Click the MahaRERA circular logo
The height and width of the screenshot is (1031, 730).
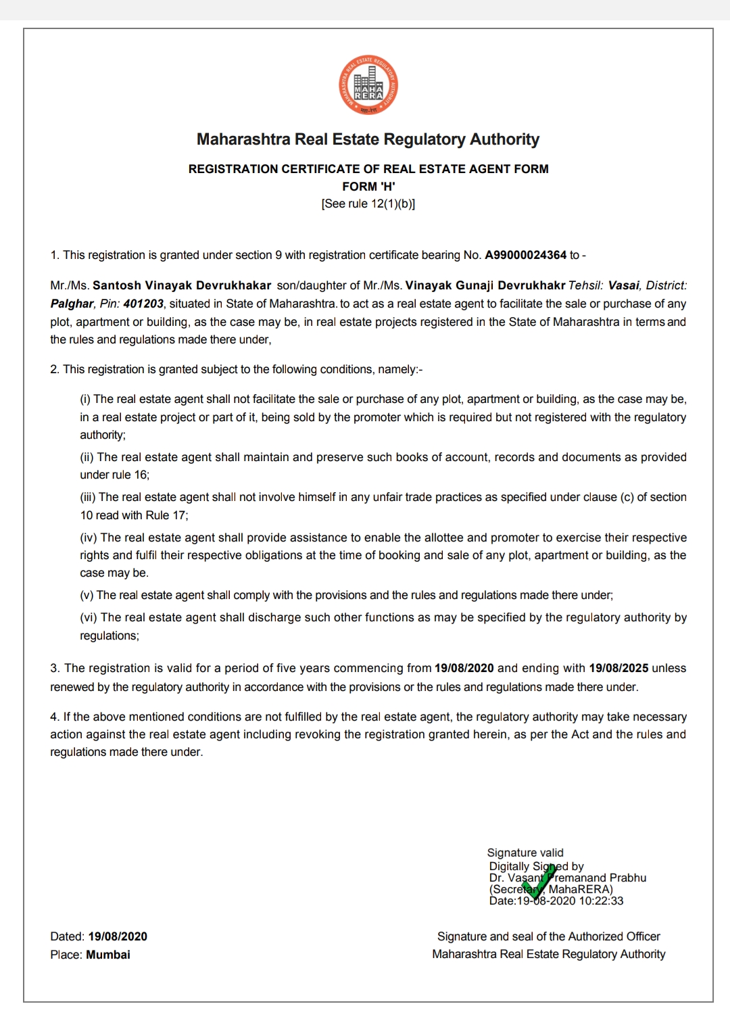[368, 85]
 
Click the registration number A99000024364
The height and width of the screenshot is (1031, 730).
[525, 255]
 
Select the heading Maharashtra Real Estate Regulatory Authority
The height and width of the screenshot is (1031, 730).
[368, 139]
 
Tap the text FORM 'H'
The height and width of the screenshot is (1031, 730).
[368, 186]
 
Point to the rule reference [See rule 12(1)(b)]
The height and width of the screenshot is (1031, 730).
[368, 203]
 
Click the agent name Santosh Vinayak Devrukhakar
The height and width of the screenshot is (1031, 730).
[182, 285]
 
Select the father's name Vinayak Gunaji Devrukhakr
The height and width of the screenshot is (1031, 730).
[485, 285]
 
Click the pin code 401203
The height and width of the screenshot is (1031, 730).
[143, 304]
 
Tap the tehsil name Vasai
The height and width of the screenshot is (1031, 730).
[623, 285]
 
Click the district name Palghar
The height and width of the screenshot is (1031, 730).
[72, 304]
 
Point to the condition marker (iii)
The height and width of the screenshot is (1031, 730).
[88, 497]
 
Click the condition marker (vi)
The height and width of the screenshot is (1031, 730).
[89, 617]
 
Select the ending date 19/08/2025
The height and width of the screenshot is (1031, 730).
[618, 668]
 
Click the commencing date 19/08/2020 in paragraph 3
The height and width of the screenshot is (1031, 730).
[464, 668]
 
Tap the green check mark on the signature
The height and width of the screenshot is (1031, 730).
[540, 882]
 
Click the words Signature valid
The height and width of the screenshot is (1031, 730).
[525, 853]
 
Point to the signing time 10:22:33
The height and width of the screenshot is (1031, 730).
[601, 901]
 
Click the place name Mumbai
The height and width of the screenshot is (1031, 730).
[108, 955]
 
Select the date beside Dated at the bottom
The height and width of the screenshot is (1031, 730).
[118, 936]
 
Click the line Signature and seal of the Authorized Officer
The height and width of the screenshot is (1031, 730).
[548, 936]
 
